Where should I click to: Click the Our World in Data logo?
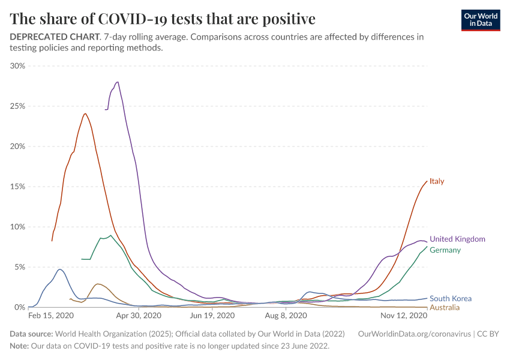480,20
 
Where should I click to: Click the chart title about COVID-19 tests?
163,19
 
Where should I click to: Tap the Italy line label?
437,181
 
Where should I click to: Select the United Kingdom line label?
457,239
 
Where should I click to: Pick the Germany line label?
445,250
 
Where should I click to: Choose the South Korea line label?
451,298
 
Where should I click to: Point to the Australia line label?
445,308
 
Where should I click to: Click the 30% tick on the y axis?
17,66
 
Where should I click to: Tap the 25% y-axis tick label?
17,106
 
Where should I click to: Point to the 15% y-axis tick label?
17,187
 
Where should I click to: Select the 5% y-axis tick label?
20,267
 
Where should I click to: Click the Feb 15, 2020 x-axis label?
51,316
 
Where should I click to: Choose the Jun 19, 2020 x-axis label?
212,316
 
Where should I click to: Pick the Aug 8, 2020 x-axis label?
286,316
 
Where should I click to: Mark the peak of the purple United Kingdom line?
117,82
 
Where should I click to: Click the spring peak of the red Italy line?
85,114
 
